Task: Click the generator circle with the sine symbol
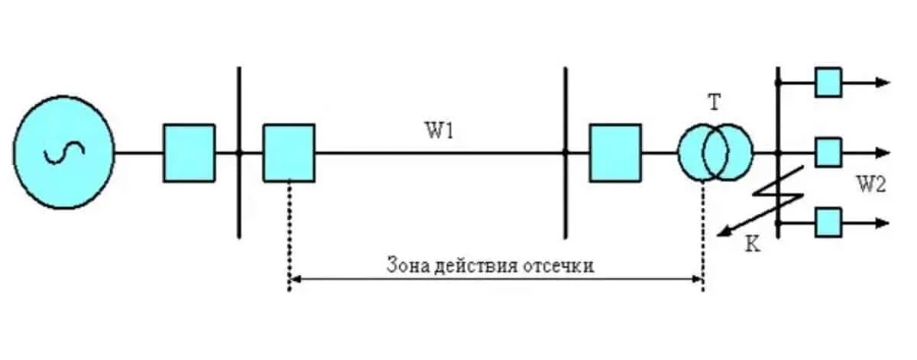click(64, 151)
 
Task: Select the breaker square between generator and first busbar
click(189, 153)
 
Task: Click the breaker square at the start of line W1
click(289, 153)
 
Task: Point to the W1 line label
click(439, 131)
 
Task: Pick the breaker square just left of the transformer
click(615, 153)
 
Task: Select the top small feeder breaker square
click(828, 82)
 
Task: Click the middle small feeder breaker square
click(828, 152)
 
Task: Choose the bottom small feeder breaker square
click(828, 222)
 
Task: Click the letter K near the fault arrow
click(752, 247)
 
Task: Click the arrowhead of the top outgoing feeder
click(884, 82)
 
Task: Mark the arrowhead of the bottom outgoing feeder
click(884, 222)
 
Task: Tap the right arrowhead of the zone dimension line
click(697, 279)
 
